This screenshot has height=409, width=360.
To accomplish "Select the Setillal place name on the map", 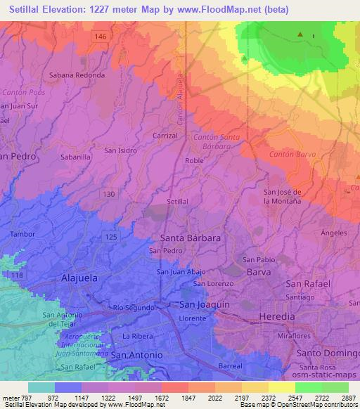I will (177, 201).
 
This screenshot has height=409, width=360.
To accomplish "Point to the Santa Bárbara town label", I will (191, 238).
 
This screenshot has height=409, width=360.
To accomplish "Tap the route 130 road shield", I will (108, 193).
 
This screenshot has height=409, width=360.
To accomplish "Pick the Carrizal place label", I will (166, 135).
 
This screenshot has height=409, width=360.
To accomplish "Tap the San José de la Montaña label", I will (282, 197).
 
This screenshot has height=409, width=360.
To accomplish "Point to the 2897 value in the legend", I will (349, 398).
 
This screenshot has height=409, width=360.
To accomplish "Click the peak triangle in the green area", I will (300, 34).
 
